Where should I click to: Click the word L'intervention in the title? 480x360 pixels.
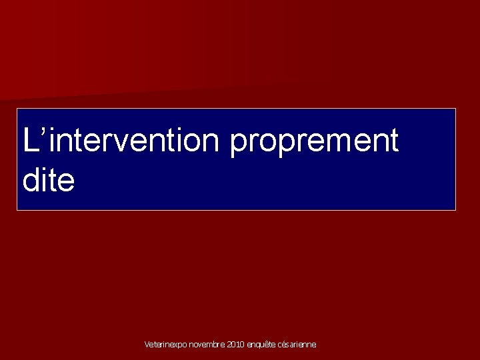point(122,141)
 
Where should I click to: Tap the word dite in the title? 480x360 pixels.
point(49,181)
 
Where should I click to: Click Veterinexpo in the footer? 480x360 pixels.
point(165,345)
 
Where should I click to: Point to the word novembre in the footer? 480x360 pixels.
point(207,345)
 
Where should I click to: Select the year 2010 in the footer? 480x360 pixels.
point(236,345)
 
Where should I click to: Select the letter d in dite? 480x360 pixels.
point(31,181)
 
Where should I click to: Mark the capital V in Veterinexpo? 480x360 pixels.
point(147,345)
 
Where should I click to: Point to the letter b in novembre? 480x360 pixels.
point(215,345)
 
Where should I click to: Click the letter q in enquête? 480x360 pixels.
point(258,346)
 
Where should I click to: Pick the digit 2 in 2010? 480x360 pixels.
point(229,345)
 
